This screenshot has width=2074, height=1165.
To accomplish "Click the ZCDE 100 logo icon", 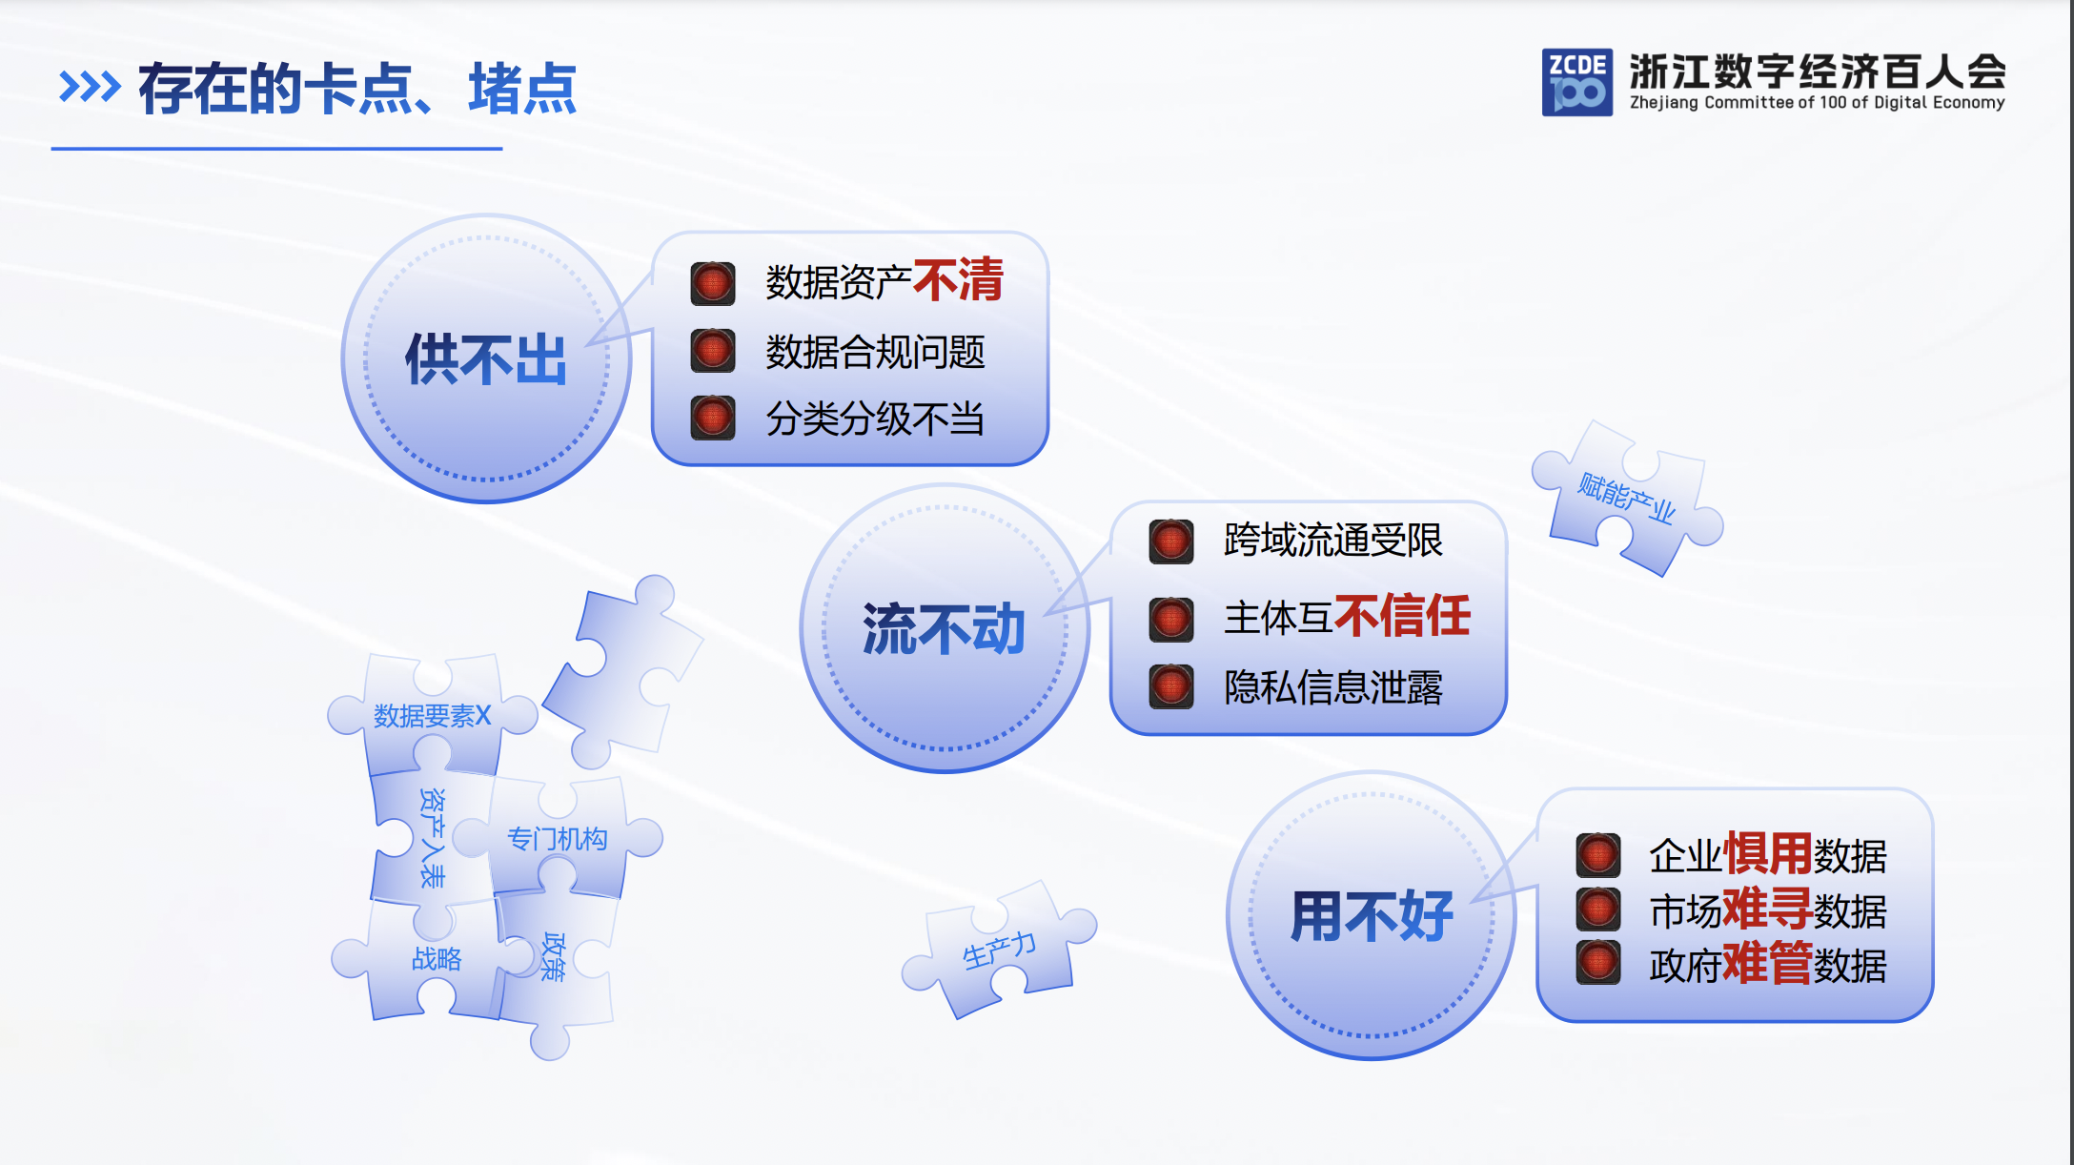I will click(x=1576, y=82).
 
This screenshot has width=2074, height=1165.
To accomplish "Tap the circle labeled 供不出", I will click(x=486, y=358).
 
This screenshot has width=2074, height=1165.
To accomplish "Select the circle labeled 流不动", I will click(x=944, y=628).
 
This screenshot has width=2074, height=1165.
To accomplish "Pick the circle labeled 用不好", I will click(x=1371, y=915).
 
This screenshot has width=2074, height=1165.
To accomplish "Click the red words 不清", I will click(x=958, y=279).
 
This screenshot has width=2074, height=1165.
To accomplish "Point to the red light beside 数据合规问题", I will click(x=713, y=351).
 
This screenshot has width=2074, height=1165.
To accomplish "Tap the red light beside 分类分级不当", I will click(x=713, y=418).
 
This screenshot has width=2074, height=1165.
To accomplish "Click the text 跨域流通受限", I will click(x=1332, y=541).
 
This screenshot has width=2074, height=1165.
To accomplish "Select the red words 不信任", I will click(x=1402, y=615).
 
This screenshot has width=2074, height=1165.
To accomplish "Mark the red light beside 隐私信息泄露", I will click(x=1171, y=686).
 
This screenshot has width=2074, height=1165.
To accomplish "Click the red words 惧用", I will click(x=1767, y=852).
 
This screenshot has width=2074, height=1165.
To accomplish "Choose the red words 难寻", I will click(x=1767, y=908).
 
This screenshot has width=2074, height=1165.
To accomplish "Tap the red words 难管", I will click(x=1767, y=963).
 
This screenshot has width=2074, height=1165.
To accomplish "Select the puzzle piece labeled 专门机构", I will click(x=558, y=839).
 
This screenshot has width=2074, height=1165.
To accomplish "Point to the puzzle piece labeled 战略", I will click(x=436, y=958).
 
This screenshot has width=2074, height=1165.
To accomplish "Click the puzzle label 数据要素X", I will click(x=432, y=715).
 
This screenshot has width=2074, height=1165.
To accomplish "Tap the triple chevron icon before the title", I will click(x=90, y=87).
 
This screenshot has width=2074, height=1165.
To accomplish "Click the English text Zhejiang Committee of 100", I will click(x=1735, y=103).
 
